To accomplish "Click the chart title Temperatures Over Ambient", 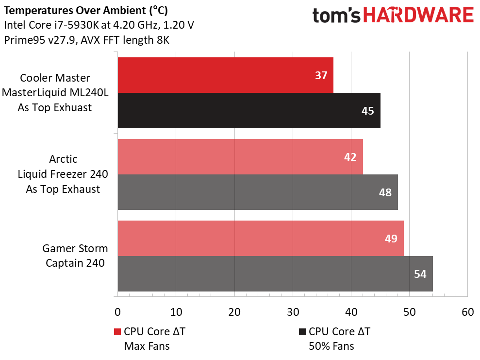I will click(x=87, y=10).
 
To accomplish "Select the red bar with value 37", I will click(x=225, y=75).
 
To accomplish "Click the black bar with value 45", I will click(x=248, y=111).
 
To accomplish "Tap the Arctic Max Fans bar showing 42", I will click(x=240, y=157).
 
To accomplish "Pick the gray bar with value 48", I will click(x=257, y=192).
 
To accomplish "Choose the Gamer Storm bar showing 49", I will click(x=260, y=239).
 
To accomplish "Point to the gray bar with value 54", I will click(x=275, y=274).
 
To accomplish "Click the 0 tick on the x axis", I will click(x=117, y=312).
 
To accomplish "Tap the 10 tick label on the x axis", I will click(x=176, y=312).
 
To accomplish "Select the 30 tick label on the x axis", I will click(x=293, y=312).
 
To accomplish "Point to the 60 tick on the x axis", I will click(x=467, y=312).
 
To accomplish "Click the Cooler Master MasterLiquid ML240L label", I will click(x=55, y=93).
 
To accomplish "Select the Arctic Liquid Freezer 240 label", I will click(x=63, y=174).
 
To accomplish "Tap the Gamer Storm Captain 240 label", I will click(x=75, y=256).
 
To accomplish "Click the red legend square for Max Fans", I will click(x=117, y=332).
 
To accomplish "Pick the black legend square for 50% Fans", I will click(x=302, y=332).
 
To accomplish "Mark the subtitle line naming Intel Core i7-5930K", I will click(x=99, y=25).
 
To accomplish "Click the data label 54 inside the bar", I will click(x=420, y=274).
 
